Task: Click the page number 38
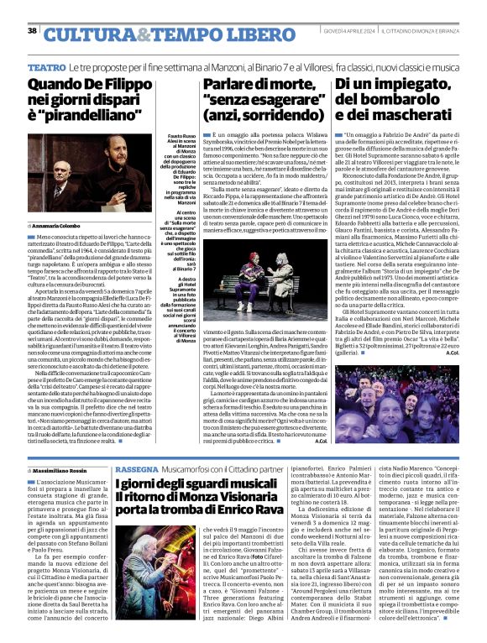coord(33,31)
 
